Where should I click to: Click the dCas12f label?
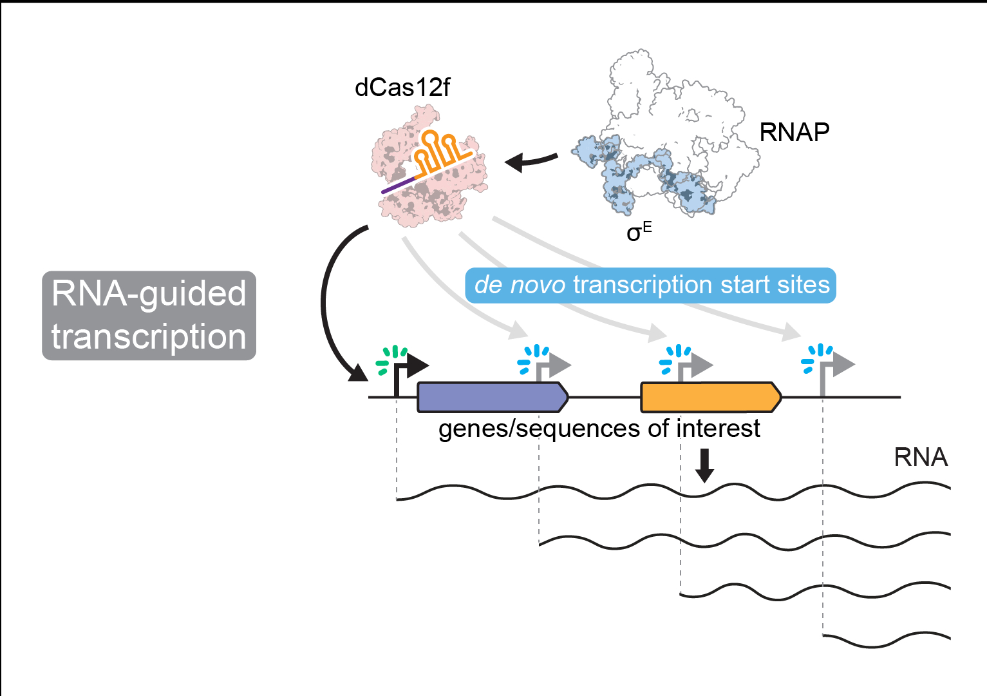click(x=402, y=88)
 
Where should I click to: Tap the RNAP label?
click(x=794, y=132)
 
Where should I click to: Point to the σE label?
click(x=639, y=231)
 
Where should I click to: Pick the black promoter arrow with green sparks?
click(x=408, y=370)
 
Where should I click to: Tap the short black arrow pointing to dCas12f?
click(x=531, y=160)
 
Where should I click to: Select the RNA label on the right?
click(x=921, y=457)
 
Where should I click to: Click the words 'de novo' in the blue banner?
click(x=520, y=285)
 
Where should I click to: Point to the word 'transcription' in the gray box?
click(x=149, y=337)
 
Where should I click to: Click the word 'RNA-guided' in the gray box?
click(x=149, y=293)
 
